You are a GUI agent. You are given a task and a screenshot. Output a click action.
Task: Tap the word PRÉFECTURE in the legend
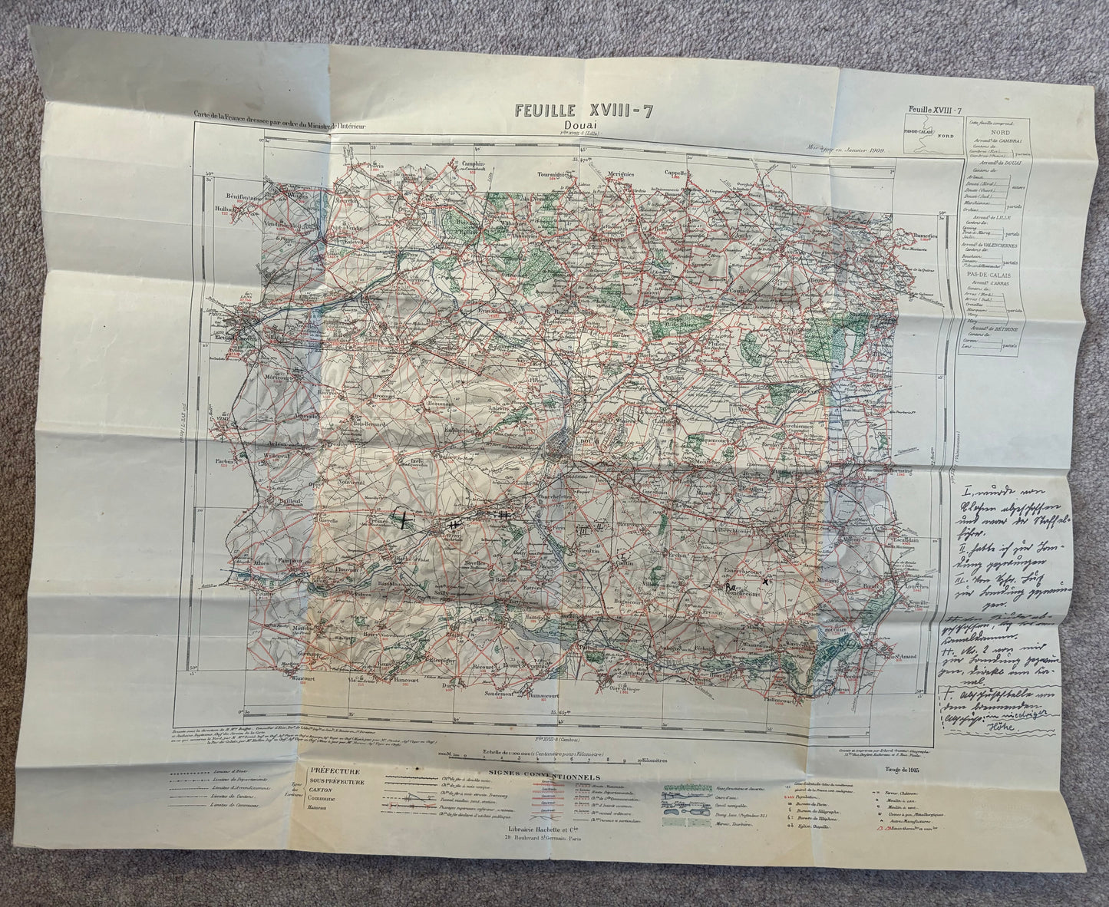[x=338, y=770]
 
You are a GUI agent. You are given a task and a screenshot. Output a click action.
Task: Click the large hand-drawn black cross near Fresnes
[x=402, y=519]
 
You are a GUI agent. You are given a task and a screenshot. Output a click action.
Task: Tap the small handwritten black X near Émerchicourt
[x=764, y=581]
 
